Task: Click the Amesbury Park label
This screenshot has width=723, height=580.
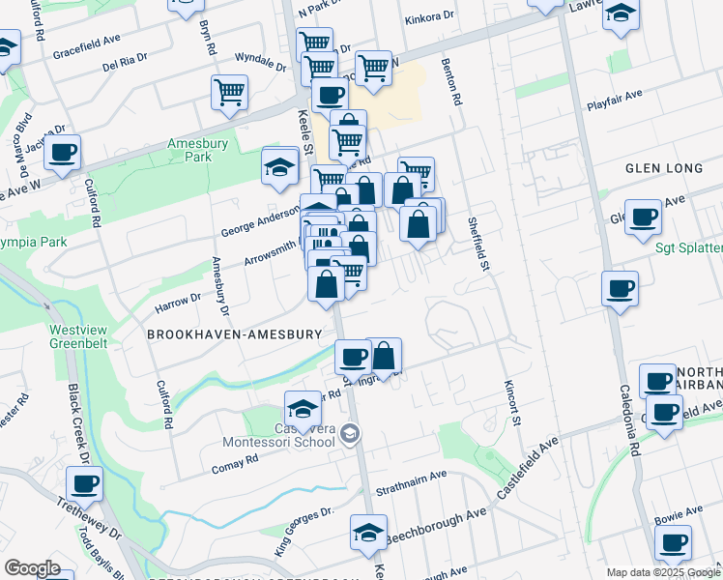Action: [189, 150]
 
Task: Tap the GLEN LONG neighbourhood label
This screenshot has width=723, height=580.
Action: [664, 168]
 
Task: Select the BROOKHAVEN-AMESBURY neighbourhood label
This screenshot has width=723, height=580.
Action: [234, 333]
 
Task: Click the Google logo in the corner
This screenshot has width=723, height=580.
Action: [32, 568]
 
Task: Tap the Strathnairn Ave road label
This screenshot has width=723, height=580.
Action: [411, 476]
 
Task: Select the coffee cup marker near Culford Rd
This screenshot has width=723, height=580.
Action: [62, 153]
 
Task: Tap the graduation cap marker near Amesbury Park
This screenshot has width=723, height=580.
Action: [279, 166]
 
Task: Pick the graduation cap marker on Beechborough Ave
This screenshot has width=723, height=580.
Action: [367, 533]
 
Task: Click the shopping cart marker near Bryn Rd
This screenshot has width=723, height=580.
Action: [229, 93]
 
